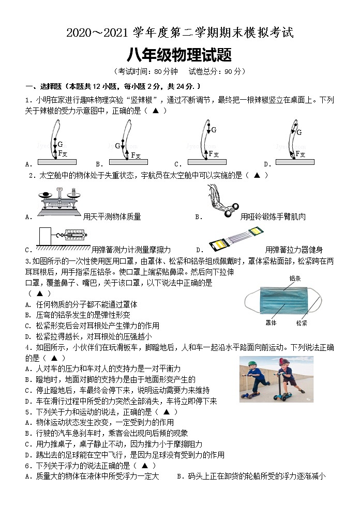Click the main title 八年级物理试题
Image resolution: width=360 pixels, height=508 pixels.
[179, 54]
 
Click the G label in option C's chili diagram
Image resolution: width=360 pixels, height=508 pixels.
[214, 130]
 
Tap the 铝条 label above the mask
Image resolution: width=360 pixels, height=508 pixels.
[295, 278]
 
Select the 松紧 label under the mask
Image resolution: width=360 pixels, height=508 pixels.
[302, 323]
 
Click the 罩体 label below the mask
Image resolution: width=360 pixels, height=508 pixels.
[271, 323]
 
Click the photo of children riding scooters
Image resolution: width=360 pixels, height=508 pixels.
[276, 379]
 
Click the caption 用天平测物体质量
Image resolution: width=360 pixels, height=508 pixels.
[112, 217]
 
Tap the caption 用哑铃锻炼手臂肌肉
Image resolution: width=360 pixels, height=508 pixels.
[273, 217]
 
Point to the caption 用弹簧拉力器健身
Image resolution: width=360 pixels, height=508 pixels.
[294, 250]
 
